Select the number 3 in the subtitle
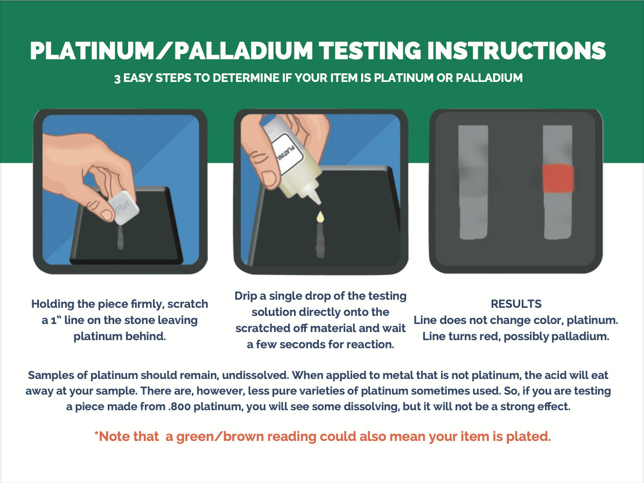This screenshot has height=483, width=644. pos(117,78)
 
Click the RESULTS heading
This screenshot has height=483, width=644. pos(516,304)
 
